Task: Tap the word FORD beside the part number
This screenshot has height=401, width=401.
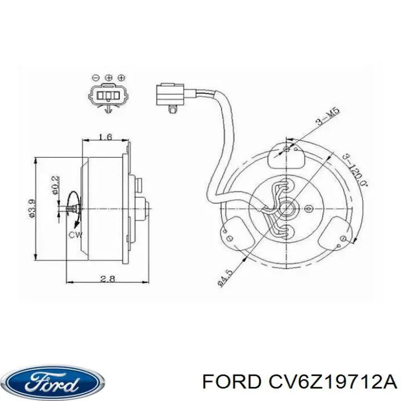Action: click(x=232, y=383)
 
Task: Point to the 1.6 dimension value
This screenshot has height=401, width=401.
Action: click(x=105, y=137)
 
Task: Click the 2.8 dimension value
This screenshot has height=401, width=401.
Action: click(x=107, y=278)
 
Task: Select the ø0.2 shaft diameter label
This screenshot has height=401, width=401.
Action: click(x=56, y=185)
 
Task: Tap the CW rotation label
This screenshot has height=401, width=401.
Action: click(x=76, y=235)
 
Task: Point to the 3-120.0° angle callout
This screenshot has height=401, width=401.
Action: click(x=355, y=170)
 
